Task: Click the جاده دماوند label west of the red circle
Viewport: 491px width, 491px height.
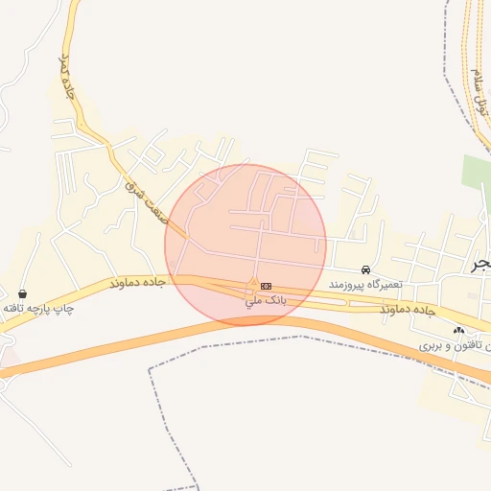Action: (138, 284)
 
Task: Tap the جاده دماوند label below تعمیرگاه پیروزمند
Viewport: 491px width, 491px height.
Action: (409, 311)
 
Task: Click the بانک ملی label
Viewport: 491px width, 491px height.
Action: (267, 301)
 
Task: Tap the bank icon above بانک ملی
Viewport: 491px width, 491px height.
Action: (266, 287)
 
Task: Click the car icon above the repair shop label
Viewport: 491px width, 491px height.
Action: (365, 270)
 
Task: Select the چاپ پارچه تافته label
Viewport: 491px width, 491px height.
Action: (38, 308)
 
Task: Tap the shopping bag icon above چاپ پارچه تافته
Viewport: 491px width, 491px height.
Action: (22, 293)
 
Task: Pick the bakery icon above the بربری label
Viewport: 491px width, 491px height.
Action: (458, 330)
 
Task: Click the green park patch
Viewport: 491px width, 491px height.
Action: (476, 173)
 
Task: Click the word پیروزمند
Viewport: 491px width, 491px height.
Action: (349, 285)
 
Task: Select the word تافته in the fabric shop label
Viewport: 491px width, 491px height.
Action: (13, 308)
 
